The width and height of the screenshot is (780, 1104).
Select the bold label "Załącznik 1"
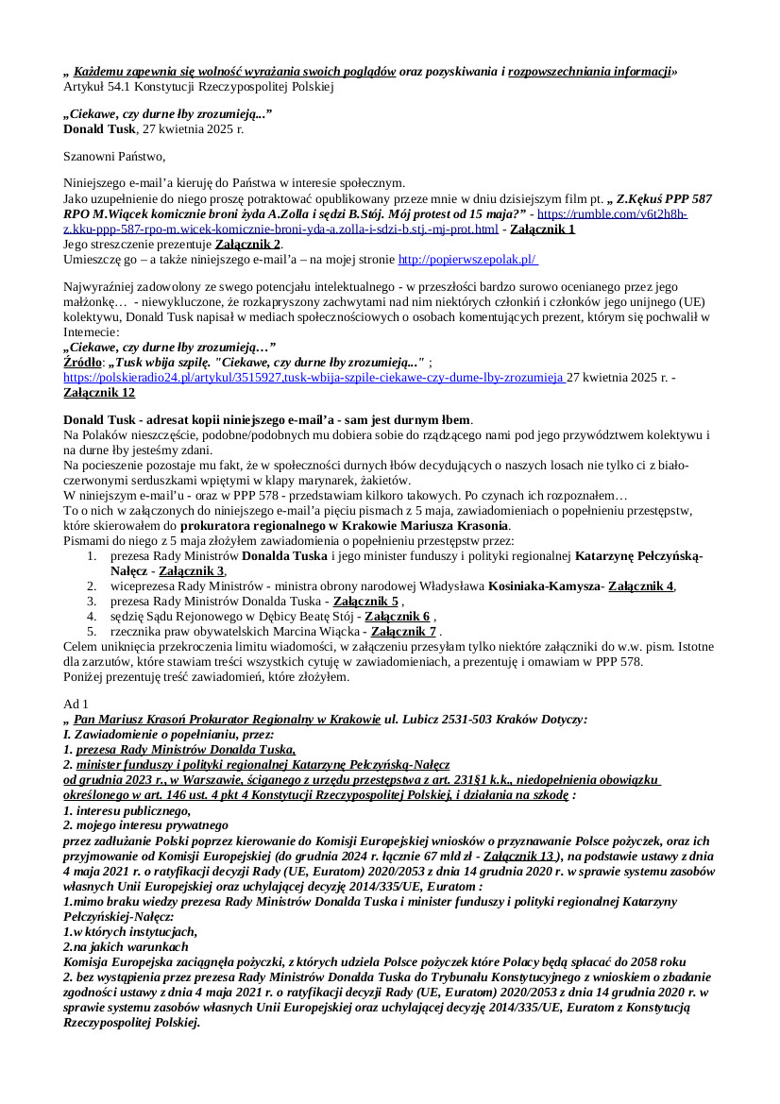tap(542, 229)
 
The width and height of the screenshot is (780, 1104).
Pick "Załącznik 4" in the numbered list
tap(641, 586)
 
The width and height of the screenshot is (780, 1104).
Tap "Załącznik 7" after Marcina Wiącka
tap(404, 631)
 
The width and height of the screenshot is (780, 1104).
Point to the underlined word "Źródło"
tap(82, 362)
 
